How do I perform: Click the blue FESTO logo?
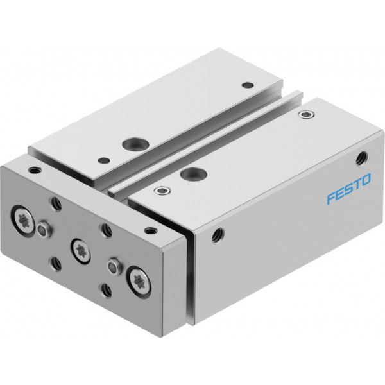click(x=348, y=189)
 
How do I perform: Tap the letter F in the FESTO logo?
click(x=331, y=198)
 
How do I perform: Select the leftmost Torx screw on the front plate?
click(x=23, y=218)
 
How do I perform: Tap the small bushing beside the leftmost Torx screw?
click(x=43, y=229)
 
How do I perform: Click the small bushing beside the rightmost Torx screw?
click(x=114, y=266)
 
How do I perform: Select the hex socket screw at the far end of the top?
click(x=306, y=114)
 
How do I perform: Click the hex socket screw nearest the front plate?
click(x=162, y=191)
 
